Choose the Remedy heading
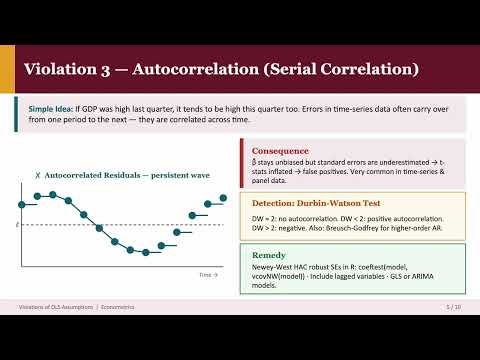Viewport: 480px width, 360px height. pyautogui.click(x=269, y=254)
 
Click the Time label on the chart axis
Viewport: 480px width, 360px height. pyautogui.click(x=206, y=274)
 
